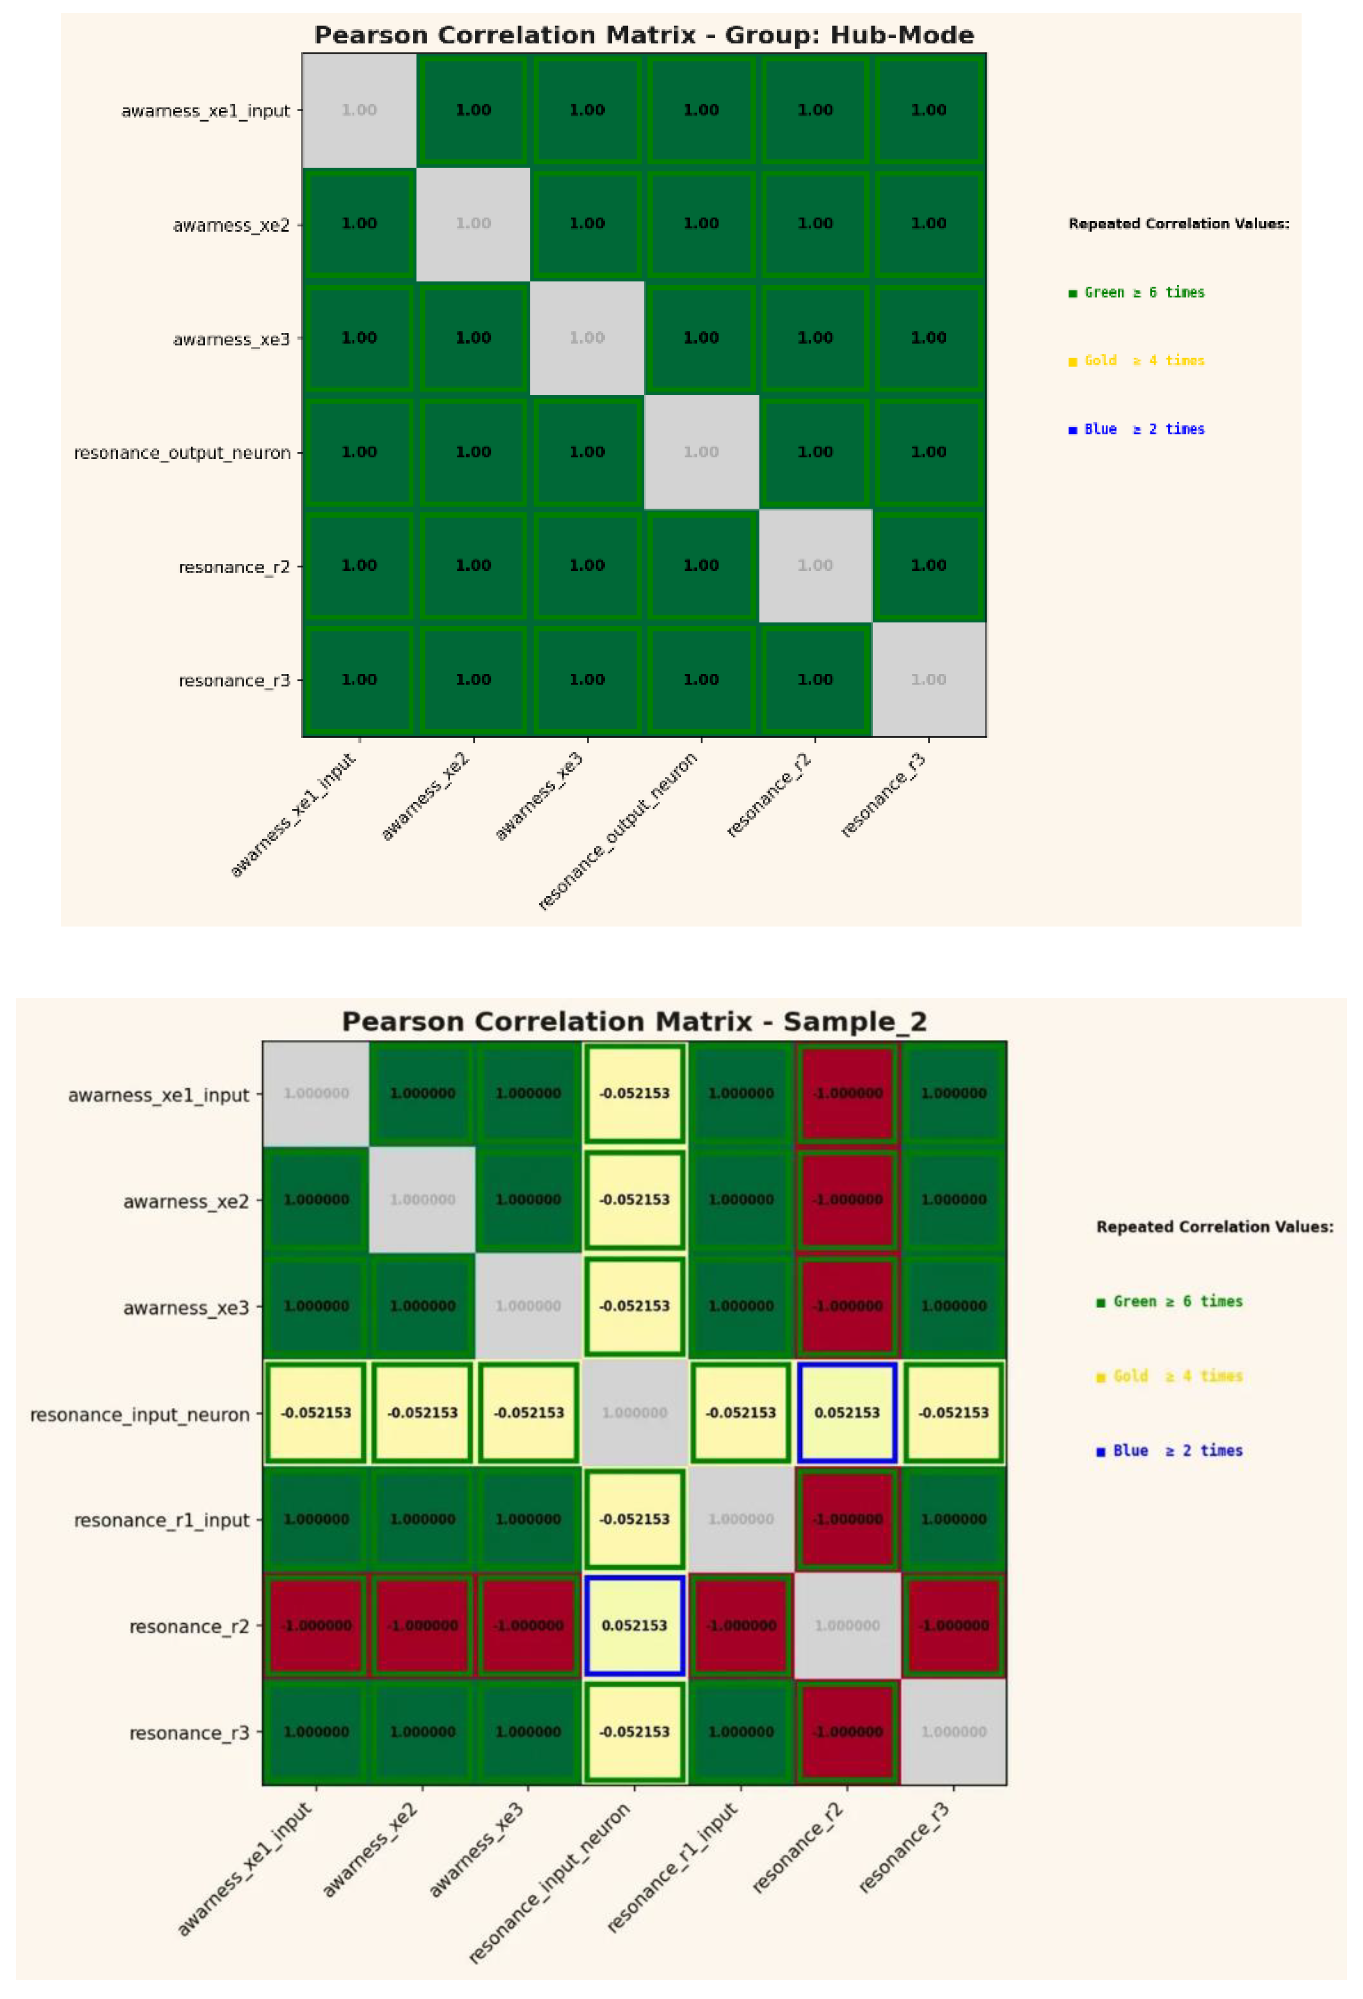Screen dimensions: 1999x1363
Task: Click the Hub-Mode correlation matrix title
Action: click(643, 35)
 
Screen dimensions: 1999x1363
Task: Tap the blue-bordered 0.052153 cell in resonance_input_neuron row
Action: click(847, 1412)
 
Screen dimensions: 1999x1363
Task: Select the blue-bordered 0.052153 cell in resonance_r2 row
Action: click(634, 1625)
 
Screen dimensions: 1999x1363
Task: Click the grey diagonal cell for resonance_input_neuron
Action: click(634, 1412)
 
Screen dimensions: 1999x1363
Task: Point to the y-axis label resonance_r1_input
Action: click(161, 1520)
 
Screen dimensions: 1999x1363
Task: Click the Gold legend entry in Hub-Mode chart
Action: click(1136, 360)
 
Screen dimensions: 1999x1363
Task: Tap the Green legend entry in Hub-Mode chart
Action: click(1136, 292)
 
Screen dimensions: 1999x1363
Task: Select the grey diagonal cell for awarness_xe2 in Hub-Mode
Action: click(473, 224)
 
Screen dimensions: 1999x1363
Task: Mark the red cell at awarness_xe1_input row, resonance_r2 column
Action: click(847, 1093)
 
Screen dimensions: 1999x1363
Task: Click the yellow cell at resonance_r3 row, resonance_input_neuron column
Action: click(634, 1732)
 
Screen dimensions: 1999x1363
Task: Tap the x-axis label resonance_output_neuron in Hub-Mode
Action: click(618, 830)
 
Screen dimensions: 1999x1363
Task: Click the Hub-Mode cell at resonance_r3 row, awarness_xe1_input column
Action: click(359, 680)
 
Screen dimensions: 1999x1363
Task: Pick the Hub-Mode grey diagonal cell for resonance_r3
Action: click(928, 680)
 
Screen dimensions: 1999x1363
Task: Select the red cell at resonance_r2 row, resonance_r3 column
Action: click(953, 1625)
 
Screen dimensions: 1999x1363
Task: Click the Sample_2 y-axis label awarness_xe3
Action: click(185, 1308)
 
